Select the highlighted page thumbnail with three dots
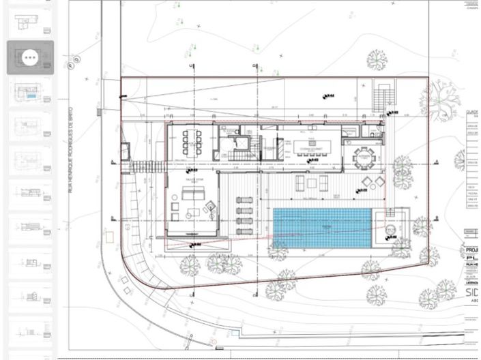click(x=30, y=58)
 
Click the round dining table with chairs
click(x=364, y=156)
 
